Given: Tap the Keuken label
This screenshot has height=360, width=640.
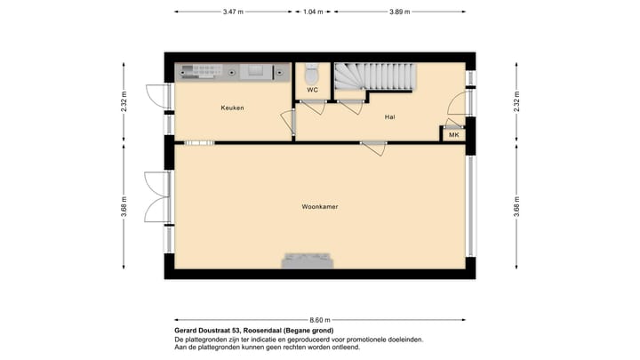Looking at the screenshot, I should coord(232,108).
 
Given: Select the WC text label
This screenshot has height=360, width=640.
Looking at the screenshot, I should coord(312,90).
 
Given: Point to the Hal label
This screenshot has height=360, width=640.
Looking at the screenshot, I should coord(389,116).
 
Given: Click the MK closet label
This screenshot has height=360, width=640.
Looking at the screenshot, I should coord(453,135).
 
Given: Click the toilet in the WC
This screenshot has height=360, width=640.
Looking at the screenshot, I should coord(312,72).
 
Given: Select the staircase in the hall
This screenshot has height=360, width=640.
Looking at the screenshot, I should coord(373,77).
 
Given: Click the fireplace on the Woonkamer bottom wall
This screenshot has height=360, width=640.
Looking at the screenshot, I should coord(308,260).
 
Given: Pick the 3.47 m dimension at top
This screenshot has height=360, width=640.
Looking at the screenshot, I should coord(233,12).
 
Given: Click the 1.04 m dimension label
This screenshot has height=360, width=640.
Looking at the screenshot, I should coord(313,12).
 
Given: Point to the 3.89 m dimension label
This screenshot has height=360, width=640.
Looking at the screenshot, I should coord(401,12).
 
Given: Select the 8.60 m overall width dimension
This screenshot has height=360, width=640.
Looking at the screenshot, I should coord(320,319).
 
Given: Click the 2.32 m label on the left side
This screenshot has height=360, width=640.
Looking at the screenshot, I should coord(124,103).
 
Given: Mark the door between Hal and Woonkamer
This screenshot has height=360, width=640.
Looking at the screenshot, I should coord(373,148).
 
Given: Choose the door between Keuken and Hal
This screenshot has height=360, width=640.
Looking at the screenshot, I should coord(288,123).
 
